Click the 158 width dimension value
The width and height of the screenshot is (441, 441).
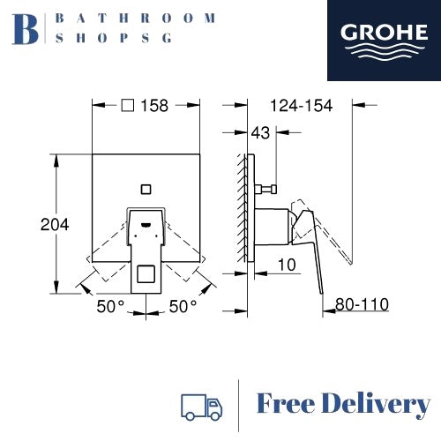click(x=154, y=106)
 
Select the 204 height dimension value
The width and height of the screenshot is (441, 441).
click(x=55, y=225)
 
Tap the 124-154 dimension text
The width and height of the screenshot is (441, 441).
click(x=301, y=106)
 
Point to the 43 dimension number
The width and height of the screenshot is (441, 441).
click(x=260, y=133)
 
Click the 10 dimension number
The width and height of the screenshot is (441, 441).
click(x=287, y=265)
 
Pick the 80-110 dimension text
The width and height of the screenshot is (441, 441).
click(x=362, y=304)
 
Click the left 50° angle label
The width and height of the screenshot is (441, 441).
click(x=110, y=306)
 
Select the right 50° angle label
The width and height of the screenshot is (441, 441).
click(x=183, y=306)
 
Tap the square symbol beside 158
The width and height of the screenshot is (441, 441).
click(x=128, y=105)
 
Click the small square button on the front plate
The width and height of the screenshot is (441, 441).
click(x=146, y=190)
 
